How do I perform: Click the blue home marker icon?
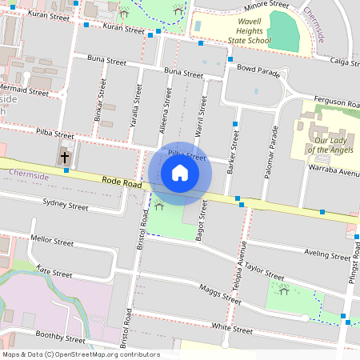[x=180, y=172]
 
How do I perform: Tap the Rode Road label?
[x=122, y=184]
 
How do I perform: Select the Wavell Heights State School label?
[x=243, y=31]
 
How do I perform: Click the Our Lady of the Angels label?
[x=329, y=144]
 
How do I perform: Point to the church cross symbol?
[x=65, y=157]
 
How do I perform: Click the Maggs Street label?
[x=220, y=294]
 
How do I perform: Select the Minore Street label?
[x=267, y=5]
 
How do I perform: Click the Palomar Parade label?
[x=271, y=152]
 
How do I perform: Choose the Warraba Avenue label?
[x=334, y=171]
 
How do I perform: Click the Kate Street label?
[x=54, y=273]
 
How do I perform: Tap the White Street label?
[x=232, y=328]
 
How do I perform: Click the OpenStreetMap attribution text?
[x=81, y=354]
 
